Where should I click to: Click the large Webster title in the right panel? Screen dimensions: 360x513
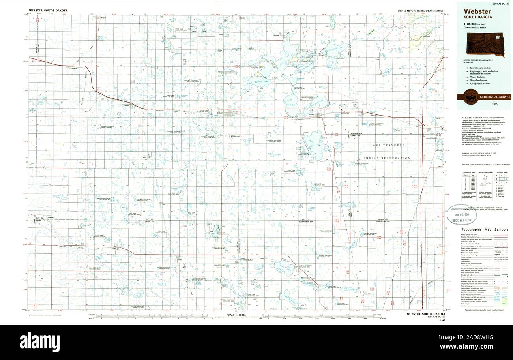tap(477, 11)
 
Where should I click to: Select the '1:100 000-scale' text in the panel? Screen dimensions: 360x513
tap(476, 25)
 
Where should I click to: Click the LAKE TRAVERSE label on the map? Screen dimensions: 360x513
tap(387, 145)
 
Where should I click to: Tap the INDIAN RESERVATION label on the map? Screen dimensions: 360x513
tap(387, 158)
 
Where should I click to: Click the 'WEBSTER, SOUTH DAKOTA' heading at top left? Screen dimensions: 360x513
tap(48, 10)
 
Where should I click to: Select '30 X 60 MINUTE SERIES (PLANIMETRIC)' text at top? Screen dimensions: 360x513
tap(421, 10)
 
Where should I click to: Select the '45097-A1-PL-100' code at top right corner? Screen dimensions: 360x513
tap(499, 4)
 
